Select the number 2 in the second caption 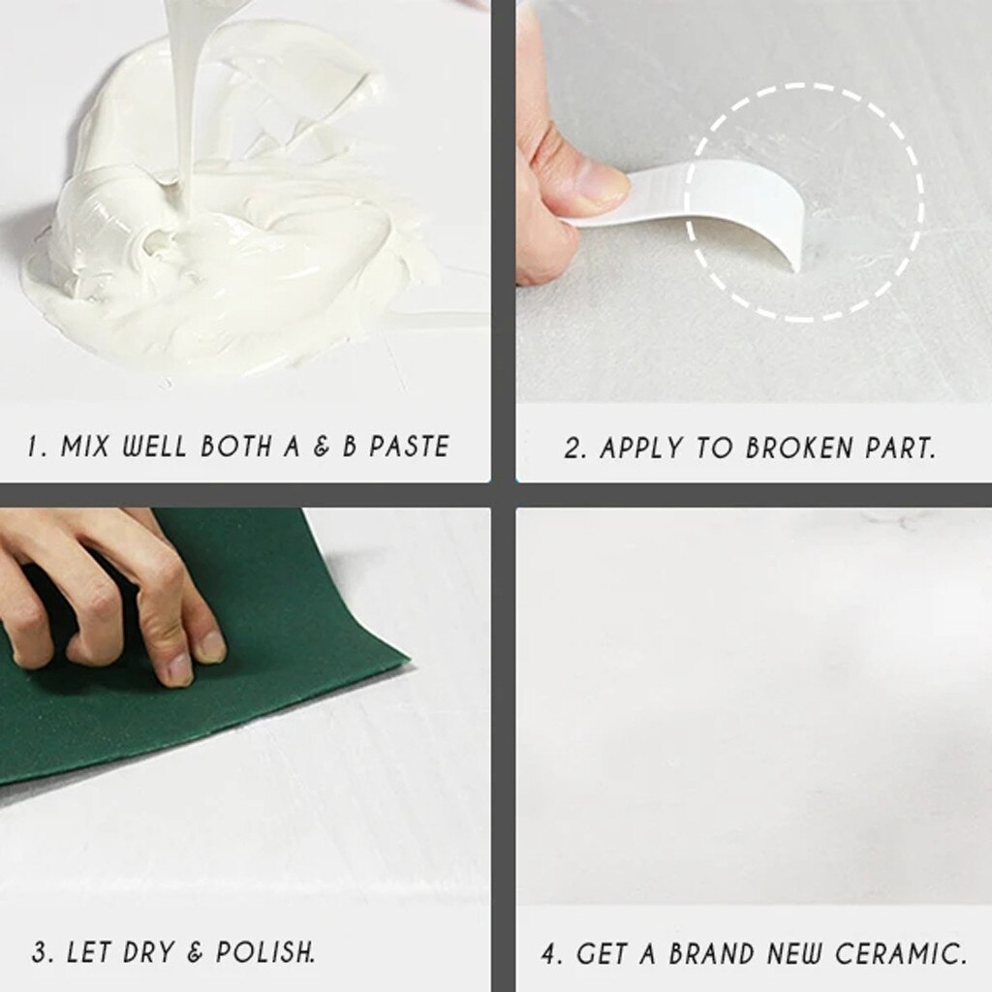tap(573, 449)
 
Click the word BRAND tap(708, 953)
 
